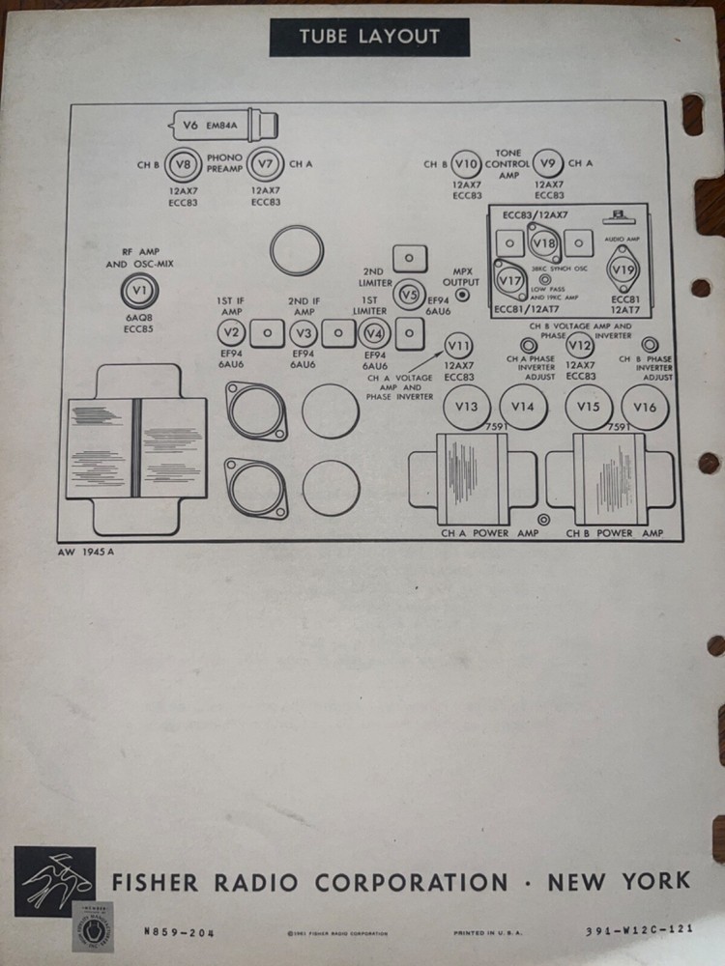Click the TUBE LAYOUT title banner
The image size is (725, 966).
click(369, 38)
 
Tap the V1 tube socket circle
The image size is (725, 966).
click(140, 290)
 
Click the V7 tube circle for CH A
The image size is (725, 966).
click(265, 164)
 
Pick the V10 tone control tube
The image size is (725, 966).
click(467, 163)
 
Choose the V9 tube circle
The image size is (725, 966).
click(549, 163)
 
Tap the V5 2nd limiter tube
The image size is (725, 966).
click(409, 295)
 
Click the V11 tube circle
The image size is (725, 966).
click(459, 346)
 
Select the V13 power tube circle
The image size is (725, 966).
click(466, 407)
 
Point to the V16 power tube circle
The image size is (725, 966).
click(645, 407)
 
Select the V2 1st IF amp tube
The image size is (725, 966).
click(230, 333)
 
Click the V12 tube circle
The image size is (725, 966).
click(580, 346)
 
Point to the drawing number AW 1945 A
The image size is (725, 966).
click(87, 554)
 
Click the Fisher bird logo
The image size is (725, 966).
click(55, 878)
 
